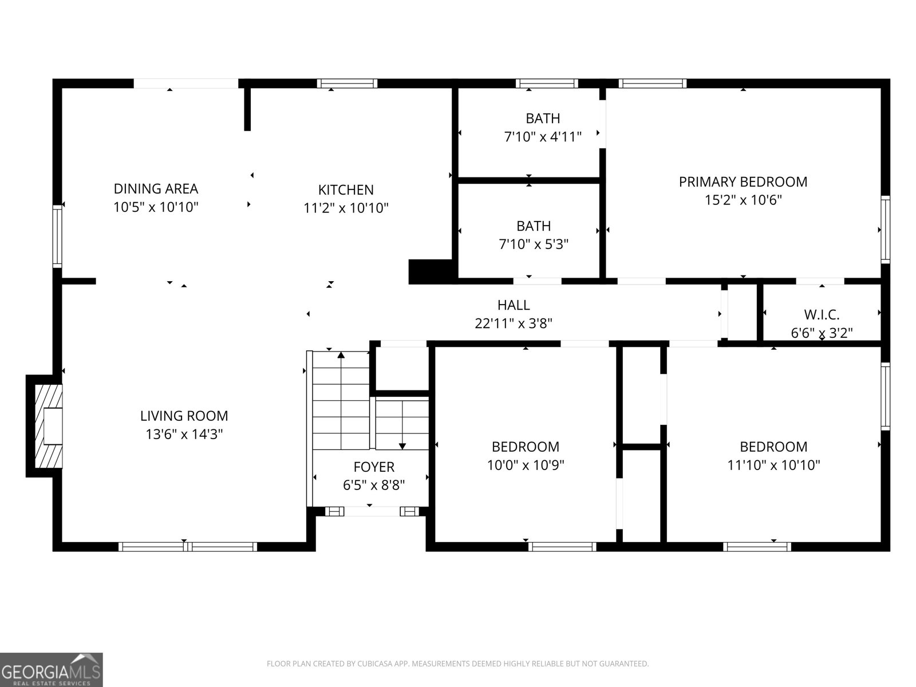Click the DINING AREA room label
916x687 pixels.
click(x=156, y=188)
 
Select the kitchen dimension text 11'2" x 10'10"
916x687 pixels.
click(x=346, y=208)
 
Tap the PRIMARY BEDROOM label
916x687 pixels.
click(x=743, y=181)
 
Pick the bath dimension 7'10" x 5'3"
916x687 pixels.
click(x=534, y=244)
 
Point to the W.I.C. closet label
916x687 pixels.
click(x=822, y=314)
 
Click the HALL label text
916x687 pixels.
click(x=514, y=305)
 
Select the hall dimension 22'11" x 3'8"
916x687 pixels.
click(x=514, y=323)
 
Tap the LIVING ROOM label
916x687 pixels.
click(x=184, y=416)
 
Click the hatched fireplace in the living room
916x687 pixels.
click(x=48, y=426)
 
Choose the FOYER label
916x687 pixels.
click(x=374, y=467)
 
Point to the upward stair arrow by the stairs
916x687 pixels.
click(x=341, y=356)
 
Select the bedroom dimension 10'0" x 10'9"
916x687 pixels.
click(x=526, y=465)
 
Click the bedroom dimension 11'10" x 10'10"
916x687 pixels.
click(x=773, y=465)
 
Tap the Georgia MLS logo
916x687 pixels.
click(x=52, y=670)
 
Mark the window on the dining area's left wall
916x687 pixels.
click(x=57, y=236)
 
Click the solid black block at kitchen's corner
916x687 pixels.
click(x=431, y=272)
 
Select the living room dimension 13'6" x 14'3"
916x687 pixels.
click(x=184, y=435)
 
